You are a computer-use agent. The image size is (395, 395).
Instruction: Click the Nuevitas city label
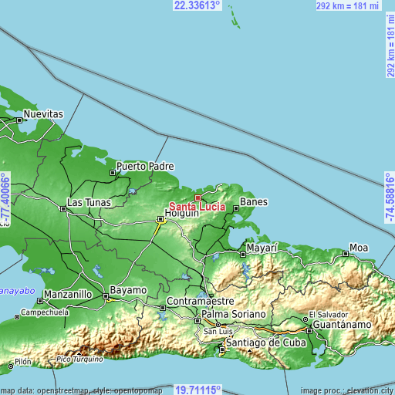[42, 113]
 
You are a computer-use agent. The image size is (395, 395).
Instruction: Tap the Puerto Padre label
[145, 166]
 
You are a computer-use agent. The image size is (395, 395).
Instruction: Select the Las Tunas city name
[89, 203]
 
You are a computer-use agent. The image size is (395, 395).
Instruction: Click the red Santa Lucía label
[197, 207]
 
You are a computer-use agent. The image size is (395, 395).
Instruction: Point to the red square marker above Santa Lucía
[197, 197]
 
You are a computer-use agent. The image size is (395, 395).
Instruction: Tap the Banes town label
[254, 202]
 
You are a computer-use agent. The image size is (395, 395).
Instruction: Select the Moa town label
[360, 248]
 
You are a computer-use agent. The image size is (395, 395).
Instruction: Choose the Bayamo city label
[127, 290]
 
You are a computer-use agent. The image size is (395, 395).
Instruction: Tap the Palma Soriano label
[234, 315]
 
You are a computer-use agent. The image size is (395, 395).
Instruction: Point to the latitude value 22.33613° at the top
[197, 5]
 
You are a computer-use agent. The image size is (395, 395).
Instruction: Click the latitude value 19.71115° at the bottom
[197, 389]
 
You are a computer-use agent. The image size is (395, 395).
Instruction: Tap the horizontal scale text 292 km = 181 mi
[349, 6]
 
